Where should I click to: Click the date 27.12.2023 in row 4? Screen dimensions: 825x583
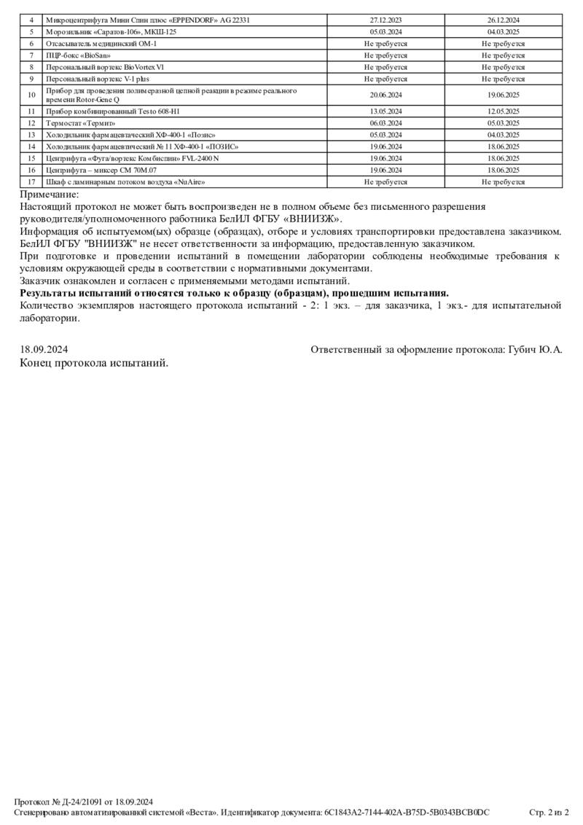pyautogui.click(x=386, y=20)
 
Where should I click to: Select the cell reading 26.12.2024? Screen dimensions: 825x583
pyautogui.click(x=503, y=20)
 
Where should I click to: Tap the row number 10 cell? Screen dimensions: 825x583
pyautogui.click(x=31, y=95)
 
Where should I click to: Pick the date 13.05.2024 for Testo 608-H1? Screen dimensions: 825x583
pyautogui.click(x=386, y=112)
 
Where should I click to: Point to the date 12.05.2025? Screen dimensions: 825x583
pyautogui.click(x=503, y=112)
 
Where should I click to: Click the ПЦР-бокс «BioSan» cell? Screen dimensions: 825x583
pyautogui.click(x=78, y=55)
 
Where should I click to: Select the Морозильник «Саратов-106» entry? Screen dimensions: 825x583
pyautogui.click(x=111, y=32)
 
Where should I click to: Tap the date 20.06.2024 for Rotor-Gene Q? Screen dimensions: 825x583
pyautogui.click(x=386, y=95)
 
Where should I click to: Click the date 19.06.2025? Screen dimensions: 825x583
pyautogui.click(x=503, y=95)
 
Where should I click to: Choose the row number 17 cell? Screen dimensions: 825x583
pyautogui.click(x=31, y=181)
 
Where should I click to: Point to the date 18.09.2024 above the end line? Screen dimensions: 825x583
pyautogui.click(x=44, y=350)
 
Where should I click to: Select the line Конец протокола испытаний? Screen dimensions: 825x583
pyautogui.click(x=94, y=363)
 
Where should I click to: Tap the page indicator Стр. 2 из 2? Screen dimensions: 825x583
pyautogui.click(x=549, y=812)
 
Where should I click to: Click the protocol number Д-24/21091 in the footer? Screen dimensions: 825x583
pyautogui.click(x=82, y=802)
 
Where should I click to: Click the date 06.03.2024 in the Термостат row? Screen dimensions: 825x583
pyautogui.click(x=386, y=123)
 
